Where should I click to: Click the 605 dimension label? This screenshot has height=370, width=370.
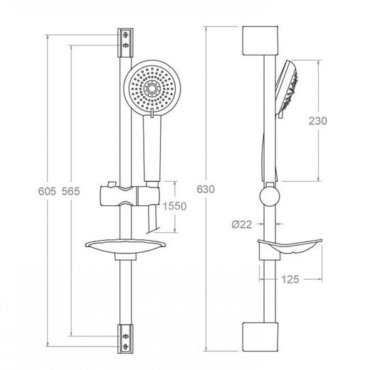(47, 191)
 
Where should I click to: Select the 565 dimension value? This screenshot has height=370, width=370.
(70, 191)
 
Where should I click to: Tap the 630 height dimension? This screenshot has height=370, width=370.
(206, 189)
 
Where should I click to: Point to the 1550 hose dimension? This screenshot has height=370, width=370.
(174, 206)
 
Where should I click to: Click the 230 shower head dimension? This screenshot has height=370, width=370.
(318, 121)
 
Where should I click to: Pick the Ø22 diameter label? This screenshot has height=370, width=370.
(242, 224)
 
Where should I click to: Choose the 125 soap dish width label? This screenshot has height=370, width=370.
(290, 280)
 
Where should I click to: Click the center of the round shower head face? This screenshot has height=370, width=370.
(152, 88)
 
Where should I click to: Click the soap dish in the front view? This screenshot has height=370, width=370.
(127, 246)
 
